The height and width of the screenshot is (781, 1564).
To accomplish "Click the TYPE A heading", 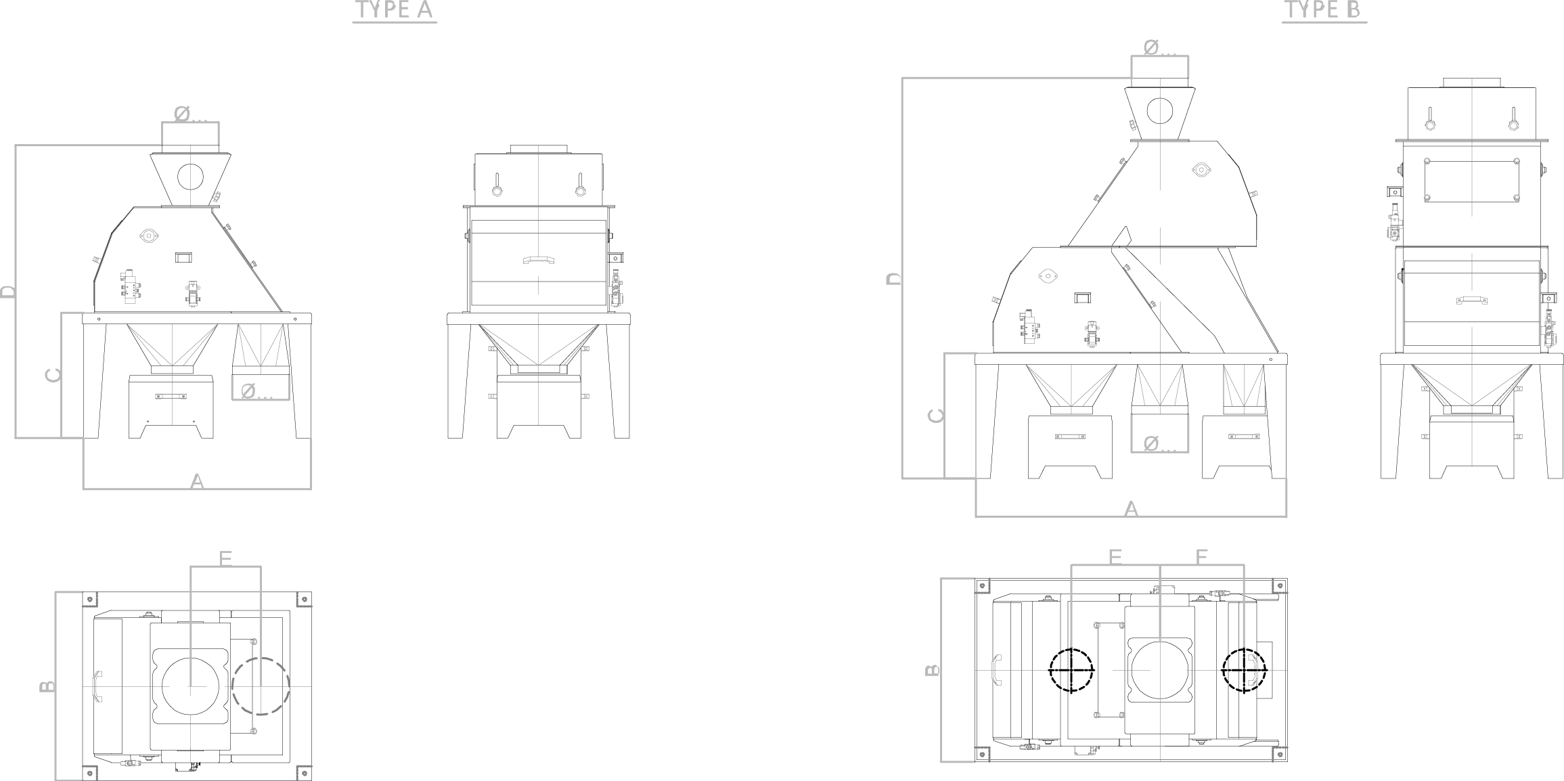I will click(x=395, y=10).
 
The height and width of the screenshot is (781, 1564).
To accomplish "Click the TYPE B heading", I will click(x=1324, y=10).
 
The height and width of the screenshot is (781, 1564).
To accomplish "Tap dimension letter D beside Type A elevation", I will click(x=7, y=292).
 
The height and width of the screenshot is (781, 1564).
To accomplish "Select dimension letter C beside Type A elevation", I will click(x=53, y=375).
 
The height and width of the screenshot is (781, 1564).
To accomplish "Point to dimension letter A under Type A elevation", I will click(x=197, y=481).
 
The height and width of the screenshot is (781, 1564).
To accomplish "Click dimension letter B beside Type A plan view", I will click(x=47, y=686).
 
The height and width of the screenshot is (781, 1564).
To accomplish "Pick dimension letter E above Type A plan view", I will click(x=226, y=558).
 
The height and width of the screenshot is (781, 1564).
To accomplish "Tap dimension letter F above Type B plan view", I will click(x=1202, y=556).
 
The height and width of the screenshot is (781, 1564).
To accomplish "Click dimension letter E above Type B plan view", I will click(x=1115, y=556).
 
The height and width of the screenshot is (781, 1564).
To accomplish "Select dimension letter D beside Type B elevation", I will click(x=894, y=278).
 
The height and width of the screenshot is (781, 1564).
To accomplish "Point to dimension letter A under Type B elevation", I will click(x=1131, y=509).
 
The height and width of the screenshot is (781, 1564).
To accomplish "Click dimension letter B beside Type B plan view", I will click(x=932, y=670).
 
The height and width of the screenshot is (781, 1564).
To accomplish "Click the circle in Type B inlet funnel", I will click(x=1160, y=111).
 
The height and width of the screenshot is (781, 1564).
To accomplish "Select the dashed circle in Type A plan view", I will click(x=261, y=686).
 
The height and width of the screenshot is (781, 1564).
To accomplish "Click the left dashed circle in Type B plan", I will click(x=1071, y=670).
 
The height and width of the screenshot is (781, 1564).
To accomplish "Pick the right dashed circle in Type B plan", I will click(x=1244, y=670).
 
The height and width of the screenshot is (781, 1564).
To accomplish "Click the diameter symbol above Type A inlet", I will click(x=181, y=114).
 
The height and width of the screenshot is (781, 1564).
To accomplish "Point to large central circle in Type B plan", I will click(x=1160, y=669).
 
